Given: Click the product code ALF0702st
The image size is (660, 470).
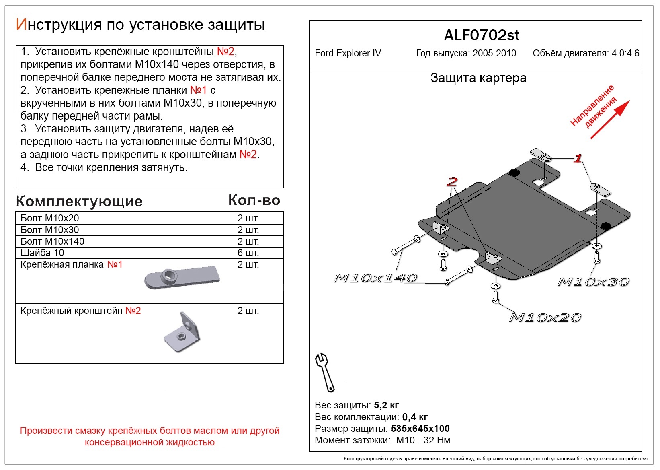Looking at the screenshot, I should point(481,35).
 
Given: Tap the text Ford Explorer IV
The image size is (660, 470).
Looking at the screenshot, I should point(348,53).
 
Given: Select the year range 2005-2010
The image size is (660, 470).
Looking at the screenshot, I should point(494,53).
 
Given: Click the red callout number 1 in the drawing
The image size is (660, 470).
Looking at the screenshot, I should point(578,158).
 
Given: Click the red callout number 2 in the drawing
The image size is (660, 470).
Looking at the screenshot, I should point(452,182).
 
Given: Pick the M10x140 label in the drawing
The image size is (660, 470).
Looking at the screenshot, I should point(375,278).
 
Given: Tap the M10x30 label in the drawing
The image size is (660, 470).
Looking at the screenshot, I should point(593,282).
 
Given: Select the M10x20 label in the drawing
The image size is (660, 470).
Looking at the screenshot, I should point(545,318).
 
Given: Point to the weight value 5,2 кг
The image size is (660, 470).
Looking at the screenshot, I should point(386,405).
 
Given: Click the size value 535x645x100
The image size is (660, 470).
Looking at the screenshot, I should point(420,429).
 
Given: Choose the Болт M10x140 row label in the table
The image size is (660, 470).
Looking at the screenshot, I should point(53,241).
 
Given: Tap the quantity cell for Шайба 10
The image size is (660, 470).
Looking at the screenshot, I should point(248,253).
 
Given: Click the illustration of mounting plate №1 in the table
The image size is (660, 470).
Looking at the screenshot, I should point(182,277).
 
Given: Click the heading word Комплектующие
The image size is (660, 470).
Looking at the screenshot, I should point(79,201).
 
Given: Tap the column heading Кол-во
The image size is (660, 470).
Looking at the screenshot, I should point(254,200).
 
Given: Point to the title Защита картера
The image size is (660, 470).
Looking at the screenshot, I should point(478,78).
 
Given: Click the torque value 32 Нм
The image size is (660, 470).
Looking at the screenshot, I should point(437,440).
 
